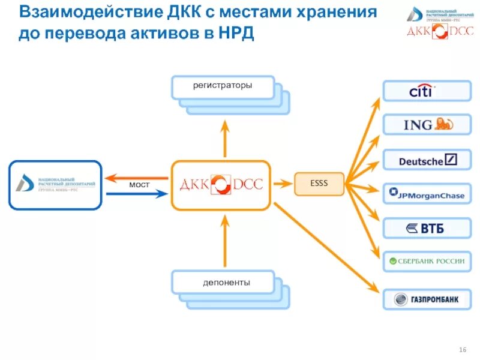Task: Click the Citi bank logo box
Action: click(x=427, y=91)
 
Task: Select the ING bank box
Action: click(x=427, y=125)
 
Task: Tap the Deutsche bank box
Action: click(x=427, y=160)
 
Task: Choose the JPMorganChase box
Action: click(x=427, y=193)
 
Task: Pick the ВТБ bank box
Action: click(x=427, y=228)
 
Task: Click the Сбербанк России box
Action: click(x=427, y=262)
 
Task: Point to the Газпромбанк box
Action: click(x=427, y=298)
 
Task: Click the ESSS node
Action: click(x=319, y=184)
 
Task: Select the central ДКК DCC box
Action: click(x=221, y=185)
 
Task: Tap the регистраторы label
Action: click(x=223, y=86)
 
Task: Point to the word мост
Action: click(x=139, y=185)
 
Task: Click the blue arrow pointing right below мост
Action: click(x=136, y=193)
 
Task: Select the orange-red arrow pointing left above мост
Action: click(x=136, y=176)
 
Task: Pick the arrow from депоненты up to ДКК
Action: click(x=226, y=239)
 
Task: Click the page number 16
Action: click(x=462, y=349)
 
